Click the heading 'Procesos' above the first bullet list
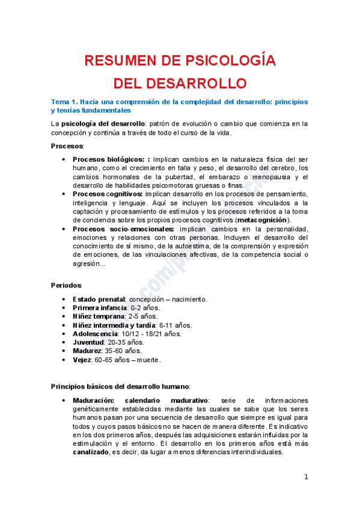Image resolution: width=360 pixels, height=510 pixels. (67, 146)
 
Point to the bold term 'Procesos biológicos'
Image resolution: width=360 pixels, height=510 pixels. (108, 159)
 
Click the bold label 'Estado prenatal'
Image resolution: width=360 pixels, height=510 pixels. (99, 299)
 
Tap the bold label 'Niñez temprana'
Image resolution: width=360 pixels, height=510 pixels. (99, 316)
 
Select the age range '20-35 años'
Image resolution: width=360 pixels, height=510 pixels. (127, 342)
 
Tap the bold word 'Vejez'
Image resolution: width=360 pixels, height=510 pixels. (81, 360)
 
